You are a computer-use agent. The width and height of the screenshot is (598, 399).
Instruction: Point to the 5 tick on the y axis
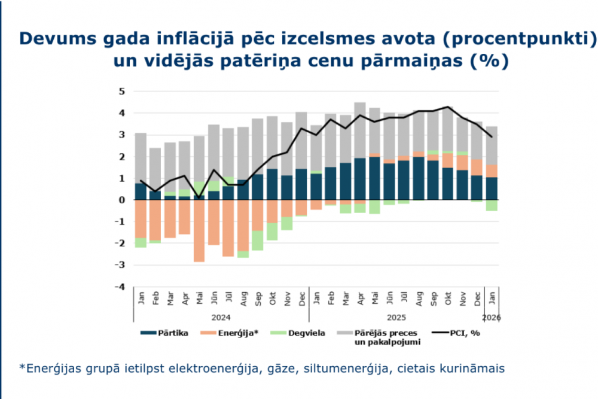click(121, 92)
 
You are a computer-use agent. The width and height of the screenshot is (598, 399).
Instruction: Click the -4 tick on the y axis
click(120, 287)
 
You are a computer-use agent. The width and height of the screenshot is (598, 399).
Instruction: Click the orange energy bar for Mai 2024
click(199, 230)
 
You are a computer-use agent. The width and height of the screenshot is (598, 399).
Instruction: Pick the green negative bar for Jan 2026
click(492, 205)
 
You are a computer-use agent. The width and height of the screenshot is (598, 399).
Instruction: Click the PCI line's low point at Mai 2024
click(199, 197)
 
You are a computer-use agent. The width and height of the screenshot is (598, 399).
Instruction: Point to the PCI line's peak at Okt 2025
click(447, 107)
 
